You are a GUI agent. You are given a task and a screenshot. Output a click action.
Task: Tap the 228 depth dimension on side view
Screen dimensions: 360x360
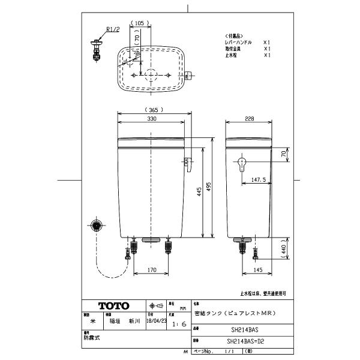[x=249, y=118]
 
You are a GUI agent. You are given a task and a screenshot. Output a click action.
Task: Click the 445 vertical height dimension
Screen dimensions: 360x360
[x=199, y=191]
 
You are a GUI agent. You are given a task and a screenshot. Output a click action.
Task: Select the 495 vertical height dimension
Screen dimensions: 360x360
[x=209, y=187]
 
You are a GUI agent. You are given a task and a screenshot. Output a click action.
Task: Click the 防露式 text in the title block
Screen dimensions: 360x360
[x=92, y=338]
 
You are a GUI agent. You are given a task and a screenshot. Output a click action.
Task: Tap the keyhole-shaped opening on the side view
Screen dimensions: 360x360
[x=242, y=164]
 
